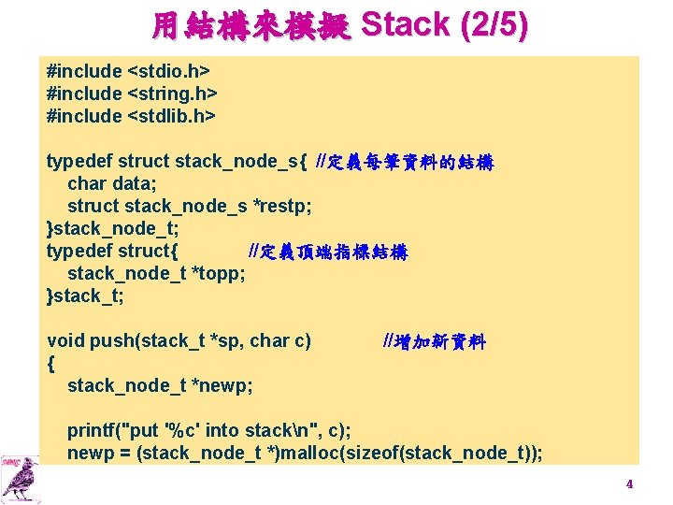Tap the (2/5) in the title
494,25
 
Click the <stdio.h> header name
168,71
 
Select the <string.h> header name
172,94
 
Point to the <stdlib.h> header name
171,116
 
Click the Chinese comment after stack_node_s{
405,161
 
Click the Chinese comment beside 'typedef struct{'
327,251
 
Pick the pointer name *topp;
218,273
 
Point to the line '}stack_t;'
85,296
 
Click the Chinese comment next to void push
434,340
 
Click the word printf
91,430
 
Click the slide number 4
629,483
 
